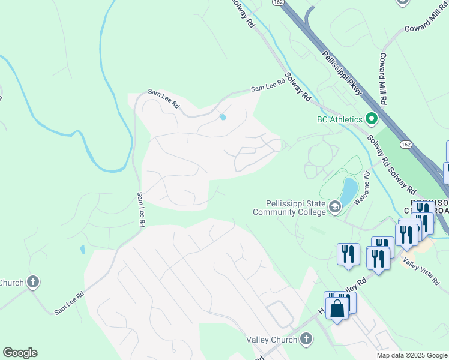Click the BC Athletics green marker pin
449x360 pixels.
371,119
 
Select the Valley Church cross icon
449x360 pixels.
306,340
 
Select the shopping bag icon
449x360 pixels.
337,308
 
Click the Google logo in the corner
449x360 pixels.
20,353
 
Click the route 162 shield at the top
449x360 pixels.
277,3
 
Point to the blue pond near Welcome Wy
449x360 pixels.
348,190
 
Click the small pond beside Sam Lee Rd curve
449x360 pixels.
223,117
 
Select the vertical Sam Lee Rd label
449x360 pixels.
140,209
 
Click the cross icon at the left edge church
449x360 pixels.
32,281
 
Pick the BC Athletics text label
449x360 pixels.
340,119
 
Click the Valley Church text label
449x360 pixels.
272,340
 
